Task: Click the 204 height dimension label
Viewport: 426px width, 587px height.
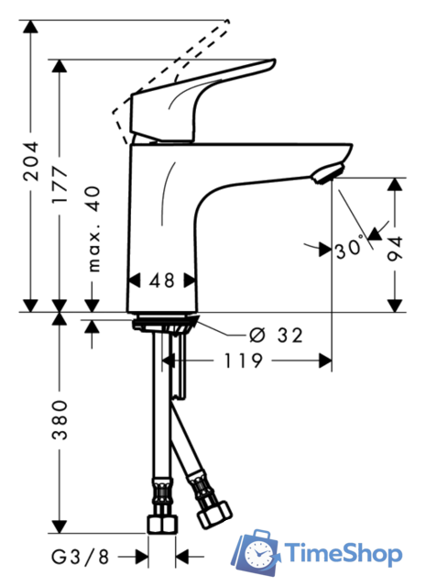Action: click(30, 161)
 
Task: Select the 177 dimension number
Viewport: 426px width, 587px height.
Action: click(60, 185)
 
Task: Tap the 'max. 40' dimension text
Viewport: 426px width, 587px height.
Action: click(93, 229)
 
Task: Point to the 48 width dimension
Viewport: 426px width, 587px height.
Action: click(162, 281)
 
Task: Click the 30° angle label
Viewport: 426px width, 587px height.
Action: click(349, 249)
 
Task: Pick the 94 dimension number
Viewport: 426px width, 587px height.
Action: click(395, 249)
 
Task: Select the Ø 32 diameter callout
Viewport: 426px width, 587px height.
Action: click(276, 336)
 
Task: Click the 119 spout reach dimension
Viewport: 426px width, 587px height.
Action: click(243, 360)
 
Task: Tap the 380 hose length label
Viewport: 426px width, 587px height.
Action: click(60, 419)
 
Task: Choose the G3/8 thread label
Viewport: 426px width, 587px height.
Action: click(80, 557)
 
